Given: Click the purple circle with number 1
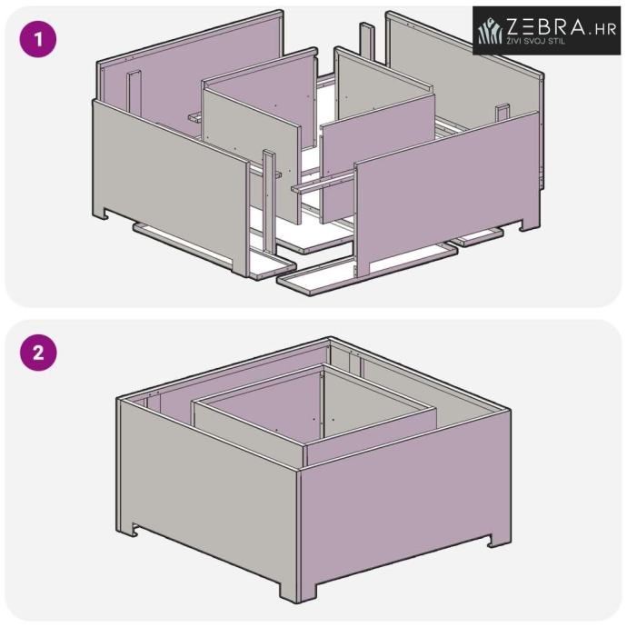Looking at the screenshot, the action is point(38,40).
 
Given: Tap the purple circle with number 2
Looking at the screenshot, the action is point(38,353).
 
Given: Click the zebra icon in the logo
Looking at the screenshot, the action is point(491,31).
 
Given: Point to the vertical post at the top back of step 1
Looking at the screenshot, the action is point(367,41).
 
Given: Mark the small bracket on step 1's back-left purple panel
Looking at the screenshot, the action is point(134,93).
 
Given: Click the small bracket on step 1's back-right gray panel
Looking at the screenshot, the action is point(503,113).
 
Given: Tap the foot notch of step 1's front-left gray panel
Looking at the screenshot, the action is point(105,214).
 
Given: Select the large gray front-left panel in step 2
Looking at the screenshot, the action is point(208,496).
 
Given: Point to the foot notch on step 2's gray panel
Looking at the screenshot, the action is point(135,531).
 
